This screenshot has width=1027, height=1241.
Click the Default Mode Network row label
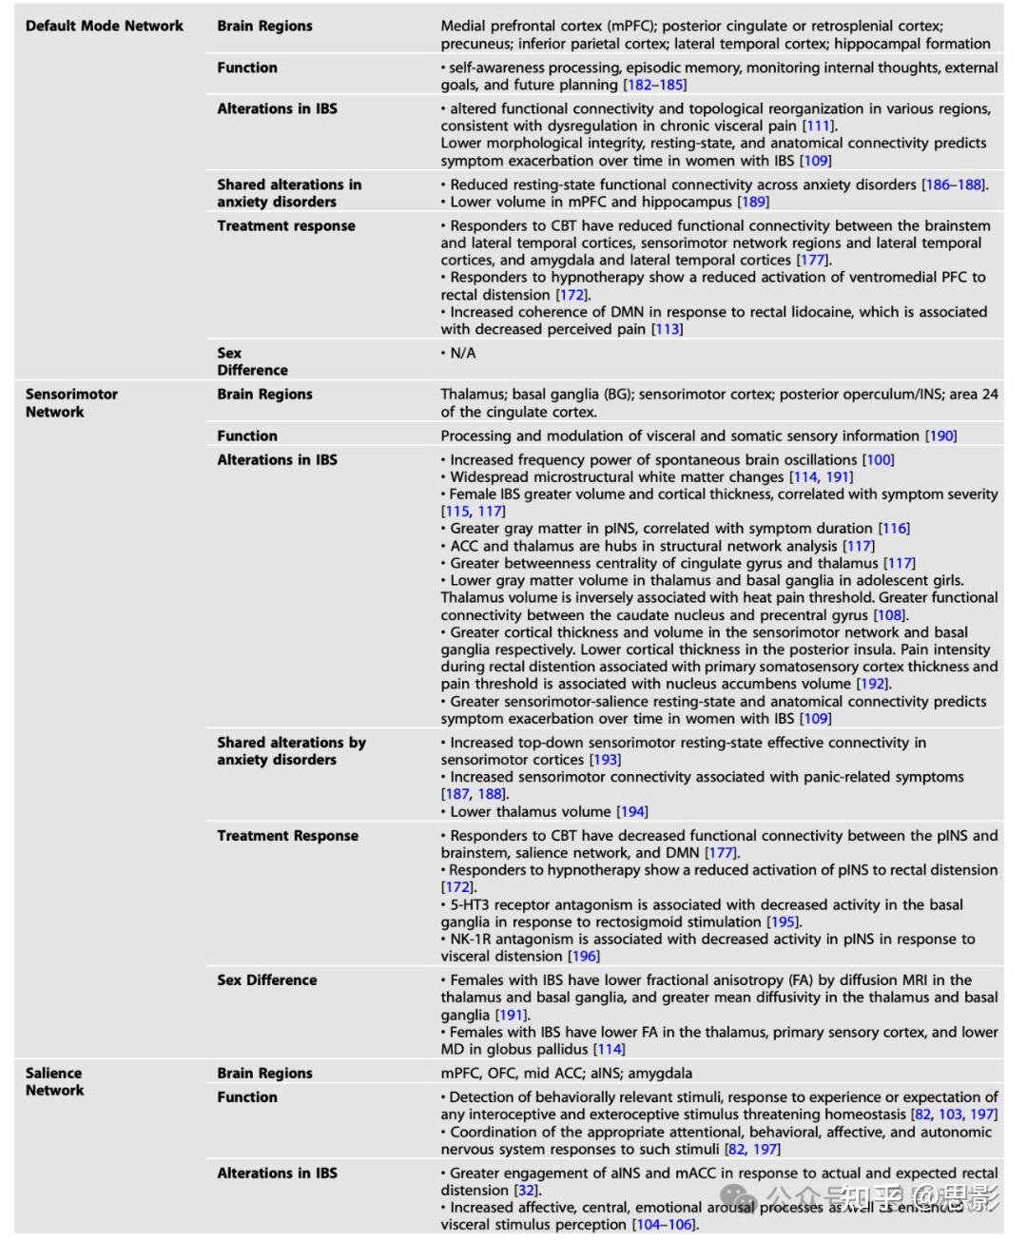point(105,26)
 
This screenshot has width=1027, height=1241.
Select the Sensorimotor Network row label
point(71,403)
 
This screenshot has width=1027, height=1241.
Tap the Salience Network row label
point(54,1081)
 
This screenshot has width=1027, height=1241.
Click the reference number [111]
point(819,126)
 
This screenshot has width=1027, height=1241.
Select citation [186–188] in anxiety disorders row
point(954,184)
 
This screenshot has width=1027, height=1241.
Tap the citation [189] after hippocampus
point(753,202)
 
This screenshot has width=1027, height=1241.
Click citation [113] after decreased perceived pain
point(667,329)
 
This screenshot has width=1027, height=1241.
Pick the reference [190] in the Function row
point(940,436)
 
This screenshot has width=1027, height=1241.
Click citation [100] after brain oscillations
point(878,459)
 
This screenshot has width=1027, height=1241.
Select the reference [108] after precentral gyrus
point(890,615)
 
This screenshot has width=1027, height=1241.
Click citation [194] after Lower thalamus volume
point(631,811)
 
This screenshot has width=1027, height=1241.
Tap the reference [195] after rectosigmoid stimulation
point(784,921)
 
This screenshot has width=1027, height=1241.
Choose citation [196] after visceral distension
point(583,956)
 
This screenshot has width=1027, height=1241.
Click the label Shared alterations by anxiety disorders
point(291,750)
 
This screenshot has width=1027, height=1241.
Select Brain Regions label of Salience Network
point(264,1073)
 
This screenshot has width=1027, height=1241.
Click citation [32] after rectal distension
point(526,1190)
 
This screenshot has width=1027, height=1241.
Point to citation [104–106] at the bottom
point(665,1224)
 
